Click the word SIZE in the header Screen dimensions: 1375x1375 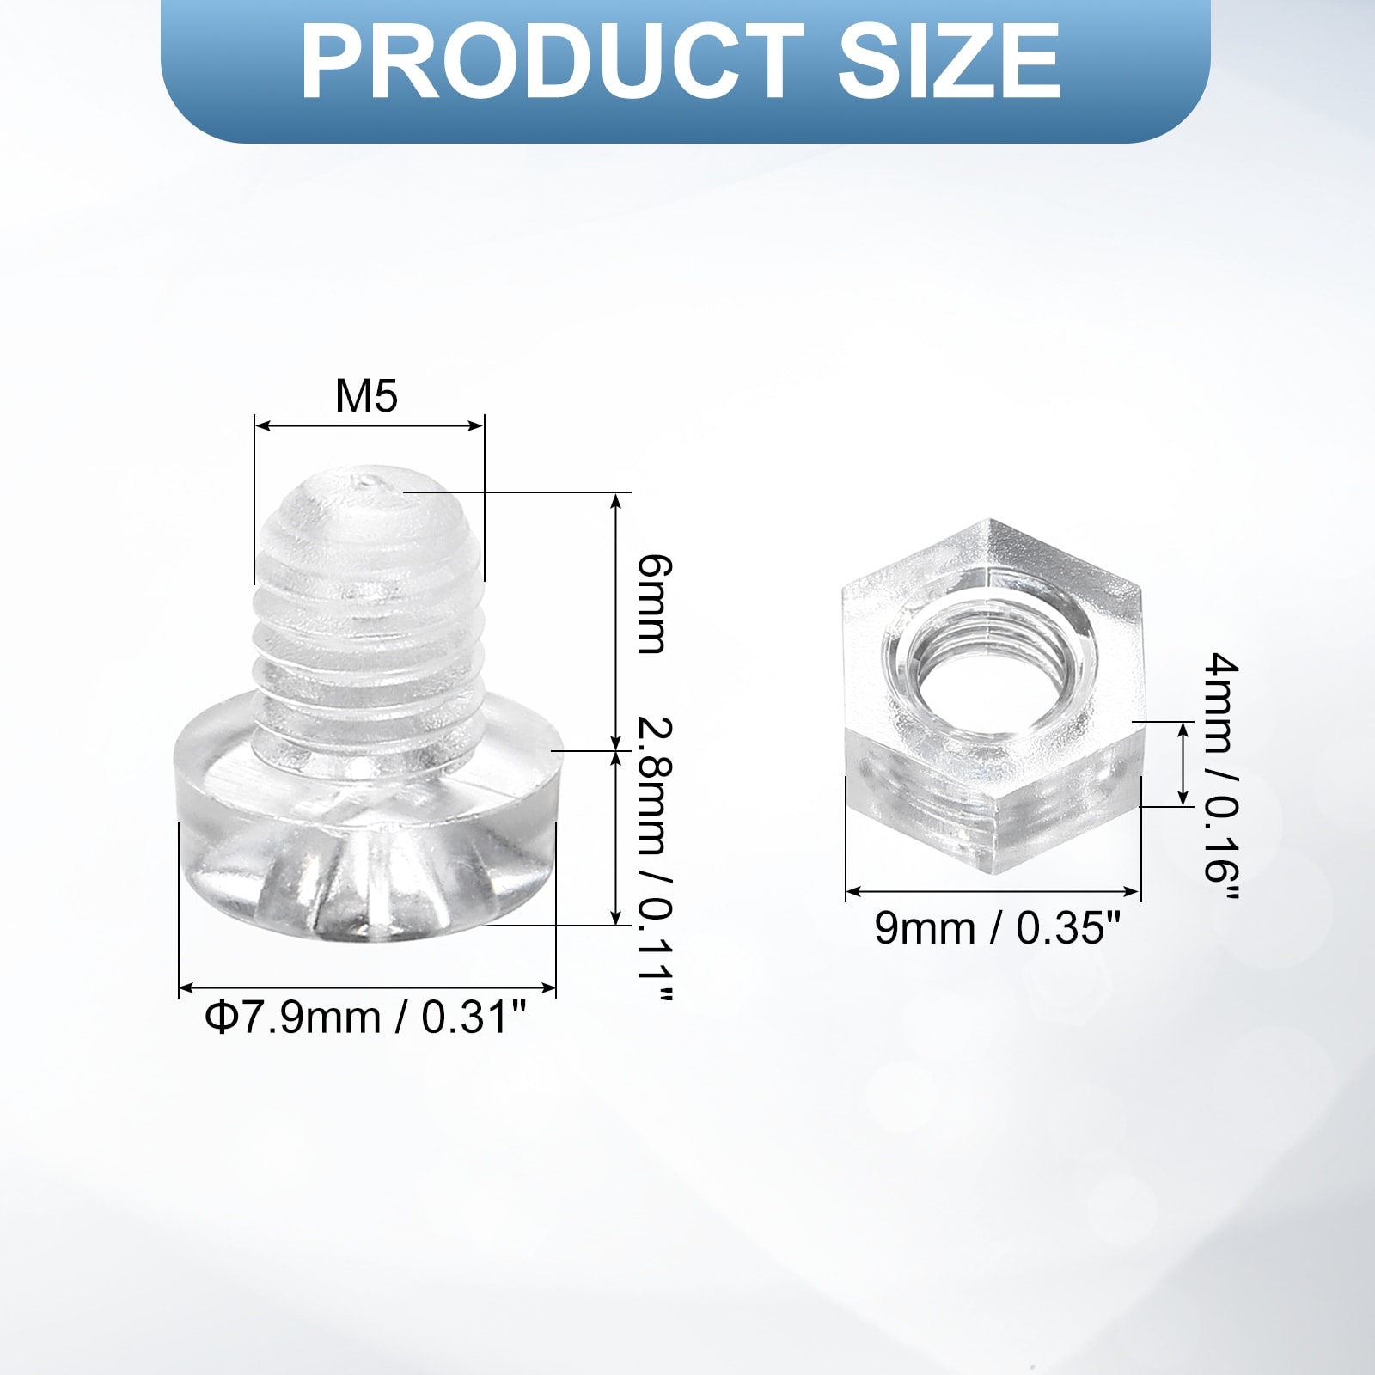[x=949, y=61]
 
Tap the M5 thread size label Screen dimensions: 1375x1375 [x=367, y=396]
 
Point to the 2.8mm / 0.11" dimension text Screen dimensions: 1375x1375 [x=654, y=859]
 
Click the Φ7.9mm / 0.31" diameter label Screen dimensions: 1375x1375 [x=365, y=1017]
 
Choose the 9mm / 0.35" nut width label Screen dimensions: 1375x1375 [x=998, y=928]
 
